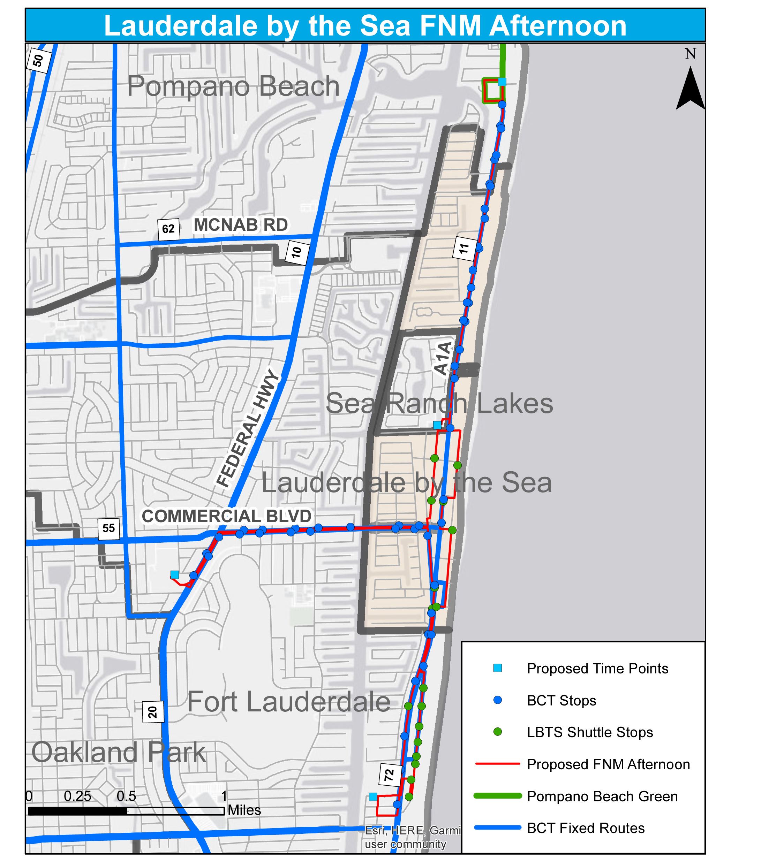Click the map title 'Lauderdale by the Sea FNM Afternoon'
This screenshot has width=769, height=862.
click(x=365, y=26)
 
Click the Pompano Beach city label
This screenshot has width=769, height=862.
click(x=233, y=86)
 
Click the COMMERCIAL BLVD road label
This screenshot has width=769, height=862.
click(x=226, y=516)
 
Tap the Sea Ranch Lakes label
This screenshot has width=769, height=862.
click(x=439, y=403)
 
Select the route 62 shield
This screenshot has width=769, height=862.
click(x=168, y=229)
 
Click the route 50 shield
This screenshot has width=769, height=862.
click(x=38, y=60)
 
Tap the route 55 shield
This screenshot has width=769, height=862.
click(x=108, y=528)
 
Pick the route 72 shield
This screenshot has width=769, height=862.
click(x=389, y=775)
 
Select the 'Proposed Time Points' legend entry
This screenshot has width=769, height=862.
click(x=597, y=669)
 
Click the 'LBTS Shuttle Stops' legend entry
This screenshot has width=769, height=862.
click(x=589, y=732)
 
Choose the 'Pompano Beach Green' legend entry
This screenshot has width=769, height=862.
click(x=602, y=796)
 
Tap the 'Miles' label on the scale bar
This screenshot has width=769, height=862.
click(x=244, y=810)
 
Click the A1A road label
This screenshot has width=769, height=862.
click(x=443, y=359)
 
